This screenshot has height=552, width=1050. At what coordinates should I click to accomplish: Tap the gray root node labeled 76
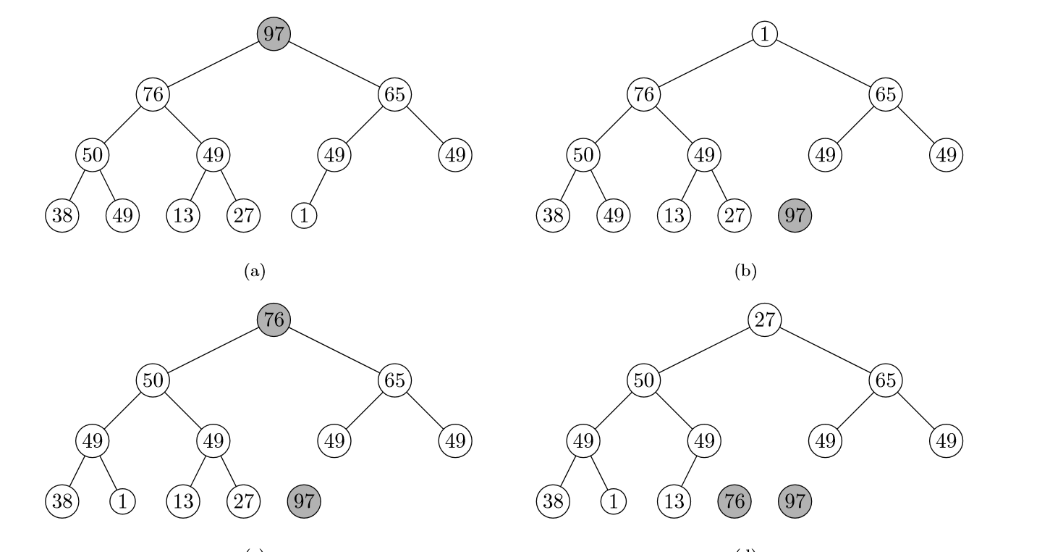click(274, 319)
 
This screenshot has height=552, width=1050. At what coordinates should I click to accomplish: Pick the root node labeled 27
click(764, 319)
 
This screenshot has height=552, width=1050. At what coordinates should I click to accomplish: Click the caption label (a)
click(255, 272)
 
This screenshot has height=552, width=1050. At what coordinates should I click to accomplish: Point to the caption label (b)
click(746, 272)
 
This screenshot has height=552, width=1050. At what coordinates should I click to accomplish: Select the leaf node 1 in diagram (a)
click(304, 215)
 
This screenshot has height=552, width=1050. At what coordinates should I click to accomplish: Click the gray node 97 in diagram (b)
click(795, 215)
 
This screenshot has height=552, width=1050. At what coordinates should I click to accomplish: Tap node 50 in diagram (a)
click(92, 154)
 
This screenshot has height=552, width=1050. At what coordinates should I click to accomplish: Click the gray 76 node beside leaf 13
click(734, 501)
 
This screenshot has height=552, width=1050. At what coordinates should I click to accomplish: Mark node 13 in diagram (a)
click(183, 215)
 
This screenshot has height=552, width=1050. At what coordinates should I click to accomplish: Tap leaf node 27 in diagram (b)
click(734, 215)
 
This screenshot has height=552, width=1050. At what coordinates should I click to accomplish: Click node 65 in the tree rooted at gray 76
click(395, 380)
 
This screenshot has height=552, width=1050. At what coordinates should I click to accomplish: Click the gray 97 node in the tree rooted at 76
click(304, 501)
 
